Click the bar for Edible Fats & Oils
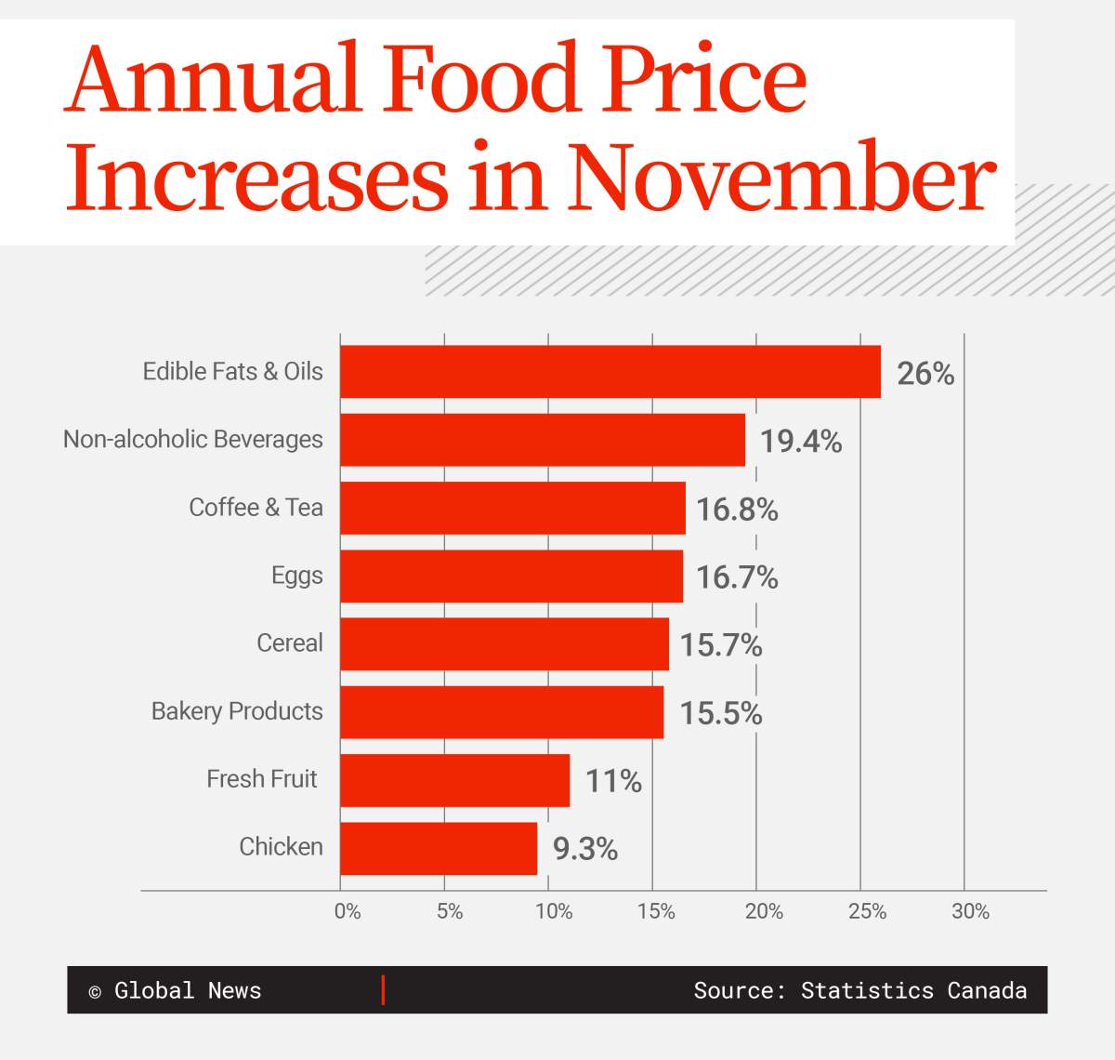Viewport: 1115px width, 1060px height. tap(610, 372)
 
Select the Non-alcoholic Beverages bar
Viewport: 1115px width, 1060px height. tap(543, 440)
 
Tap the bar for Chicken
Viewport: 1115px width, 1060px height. tap(439, 848)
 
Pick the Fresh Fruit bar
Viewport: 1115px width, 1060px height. tap(454, 780)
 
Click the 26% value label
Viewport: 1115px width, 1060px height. tap(925, 374)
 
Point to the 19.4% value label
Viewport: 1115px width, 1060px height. tap(801, 442)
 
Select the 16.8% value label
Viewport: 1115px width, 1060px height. tap(737, 510)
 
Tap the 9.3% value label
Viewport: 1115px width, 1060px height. tap(585, 849)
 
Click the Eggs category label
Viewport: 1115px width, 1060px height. tap(296, 576)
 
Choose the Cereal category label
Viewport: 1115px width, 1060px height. tap(289, 643)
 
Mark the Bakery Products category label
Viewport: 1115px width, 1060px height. tap(237, 711)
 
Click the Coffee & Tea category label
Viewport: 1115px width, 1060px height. tap(256, 508)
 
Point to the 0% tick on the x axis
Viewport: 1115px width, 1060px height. tap(348, 912)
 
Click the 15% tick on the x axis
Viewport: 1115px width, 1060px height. tap(656, 912)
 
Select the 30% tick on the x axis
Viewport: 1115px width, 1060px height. tap(970, 912)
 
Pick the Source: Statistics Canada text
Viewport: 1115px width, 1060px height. tap(859, 990)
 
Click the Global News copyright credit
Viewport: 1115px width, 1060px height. tap(176, 990)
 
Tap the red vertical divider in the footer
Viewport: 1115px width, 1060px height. tap(383, 990)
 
